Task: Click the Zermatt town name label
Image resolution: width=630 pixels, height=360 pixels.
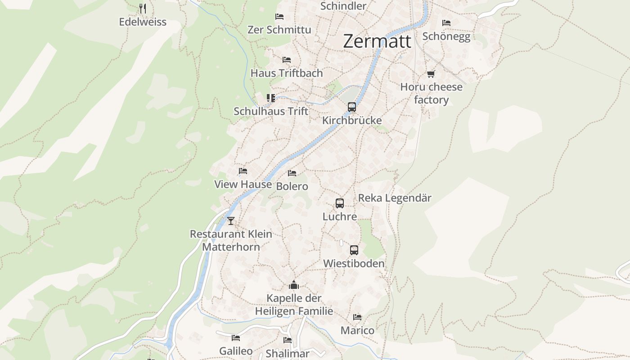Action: point(377,41)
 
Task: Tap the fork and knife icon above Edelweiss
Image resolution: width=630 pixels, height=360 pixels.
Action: point(143,8)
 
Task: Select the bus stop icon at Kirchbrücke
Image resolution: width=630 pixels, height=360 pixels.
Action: point(352,107)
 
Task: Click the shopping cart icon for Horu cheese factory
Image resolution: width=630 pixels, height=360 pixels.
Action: point(431,74)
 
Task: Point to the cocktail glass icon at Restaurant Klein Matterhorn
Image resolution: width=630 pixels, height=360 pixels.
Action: point(231,221)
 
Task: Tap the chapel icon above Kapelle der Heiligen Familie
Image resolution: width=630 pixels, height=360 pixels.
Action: point(294,285)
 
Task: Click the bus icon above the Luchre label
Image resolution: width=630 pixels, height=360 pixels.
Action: point(340,203)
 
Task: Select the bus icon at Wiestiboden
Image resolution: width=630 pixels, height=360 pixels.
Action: point(354,250)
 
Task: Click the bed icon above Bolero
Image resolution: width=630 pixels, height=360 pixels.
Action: point(292,173)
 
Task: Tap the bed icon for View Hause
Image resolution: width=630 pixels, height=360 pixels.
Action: point(243,171)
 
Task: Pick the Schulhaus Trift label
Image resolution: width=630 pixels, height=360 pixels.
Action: point(271,111)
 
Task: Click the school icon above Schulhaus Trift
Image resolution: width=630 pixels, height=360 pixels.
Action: point(270,98)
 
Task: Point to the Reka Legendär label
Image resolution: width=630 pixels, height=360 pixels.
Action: point(395,198)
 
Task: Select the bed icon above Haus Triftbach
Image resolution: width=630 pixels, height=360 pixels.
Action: point(287,60)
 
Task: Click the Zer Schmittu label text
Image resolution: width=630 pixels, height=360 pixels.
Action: point(279,30)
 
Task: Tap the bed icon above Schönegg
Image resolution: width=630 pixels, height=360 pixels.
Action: point(446,22)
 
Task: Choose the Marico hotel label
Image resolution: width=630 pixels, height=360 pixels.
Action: point(357,330)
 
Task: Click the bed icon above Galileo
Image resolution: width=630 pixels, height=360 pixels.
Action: point(236,338)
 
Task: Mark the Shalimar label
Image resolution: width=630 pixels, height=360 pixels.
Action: point(288,354)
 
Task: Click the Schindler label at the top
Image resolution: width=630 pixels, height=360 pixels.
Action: point(343,6)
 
